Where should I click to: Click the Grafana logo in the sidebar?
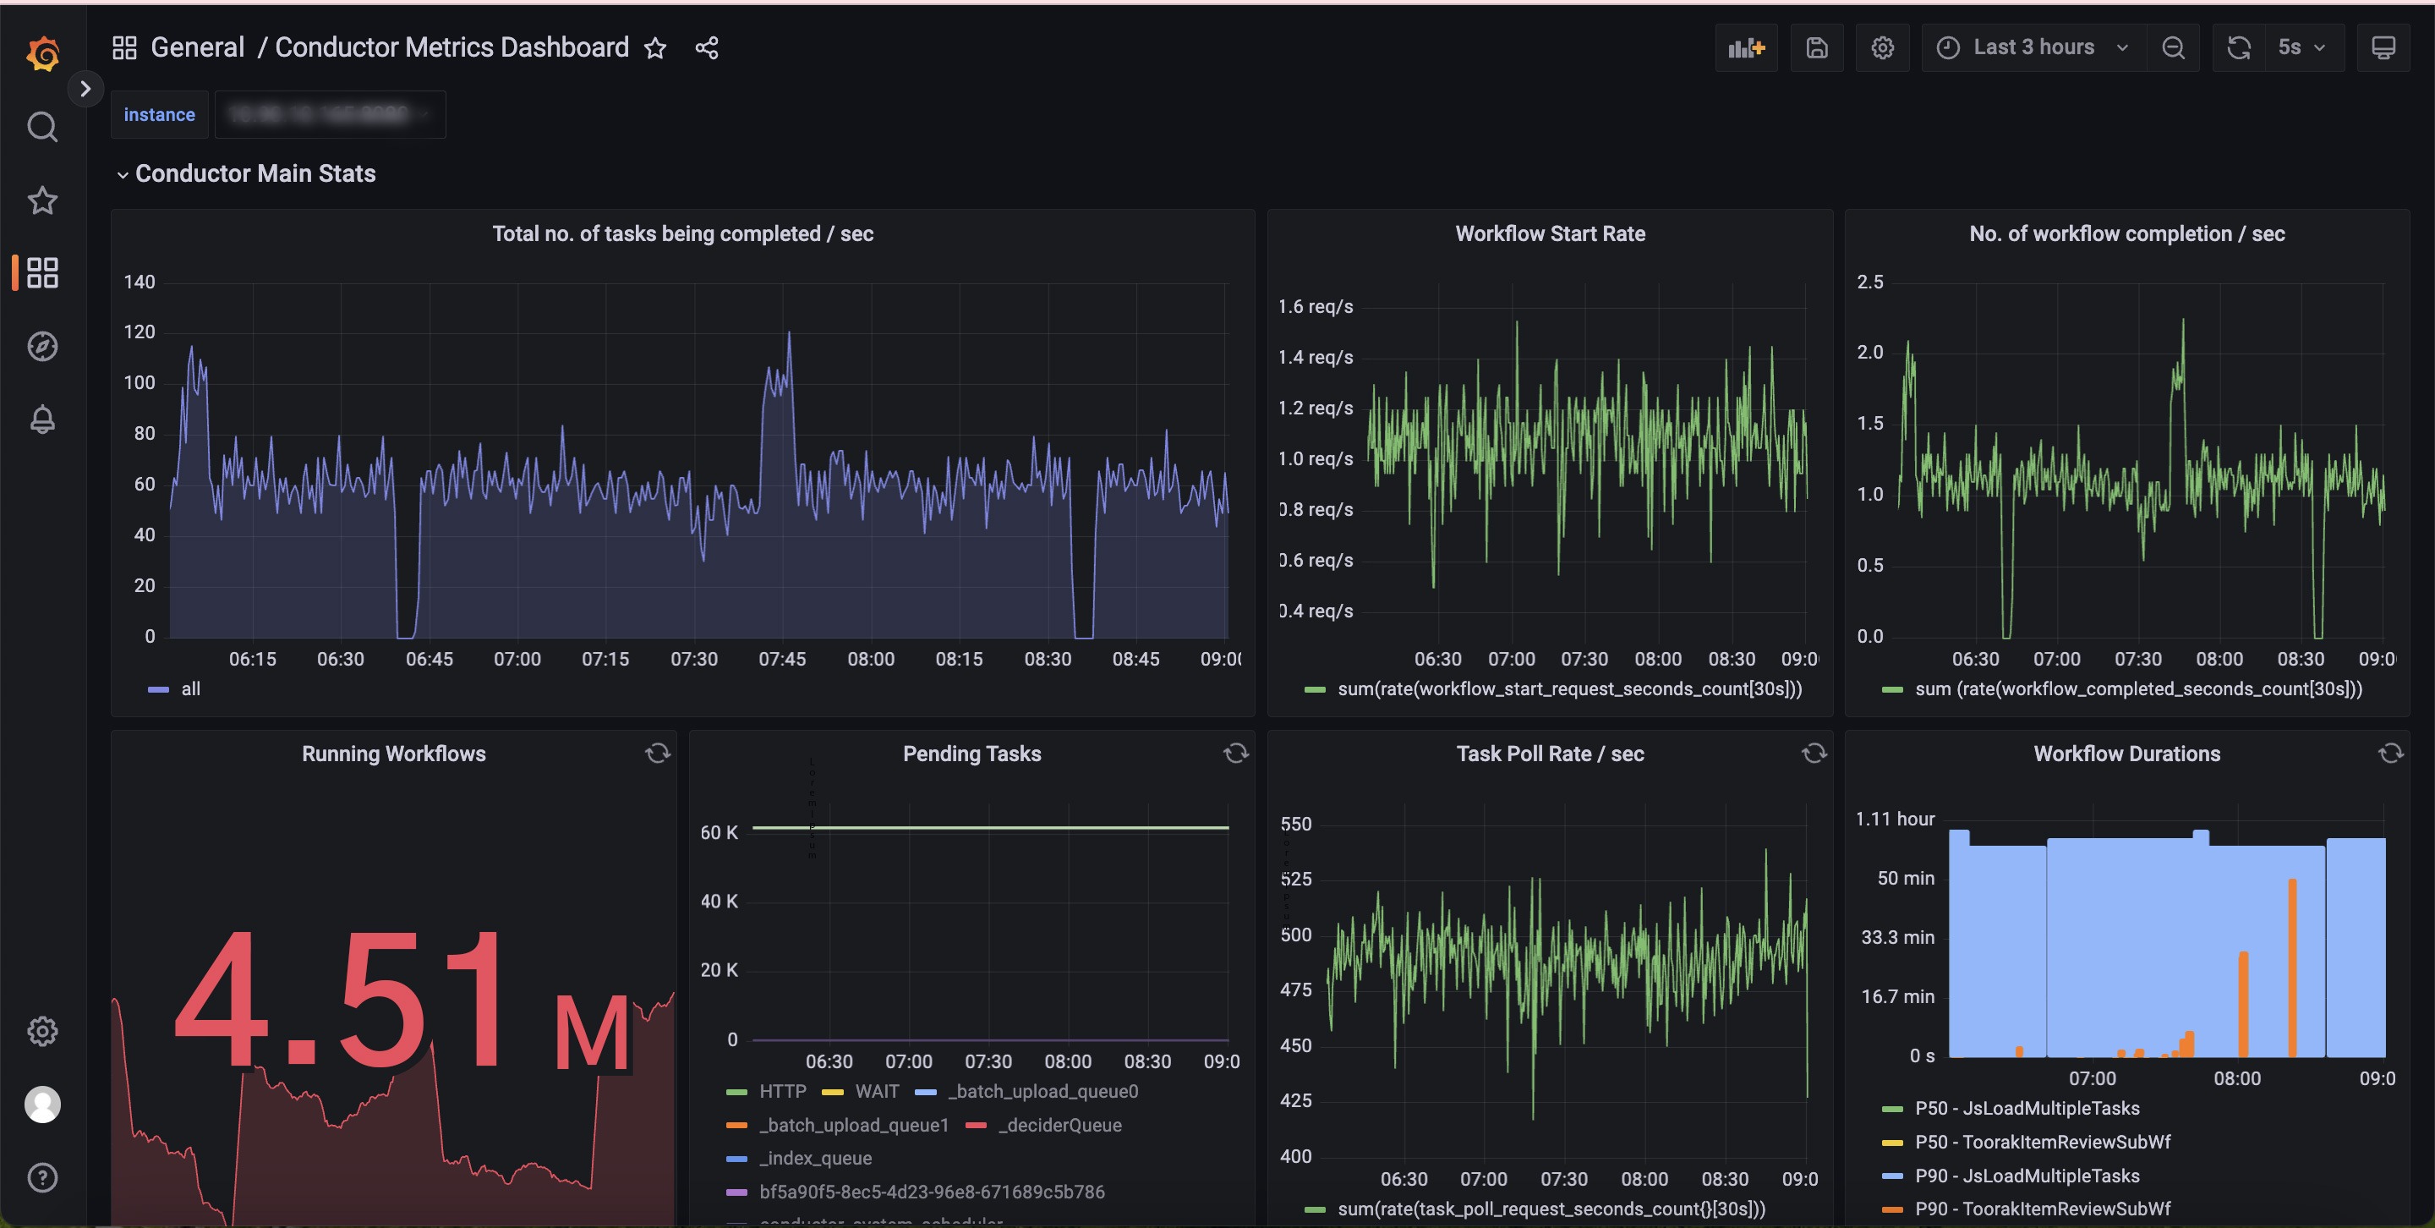point(42,53)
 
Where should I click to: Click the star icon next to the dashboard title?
point(655,48)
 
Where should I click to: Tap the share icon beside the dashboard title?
point(707,48)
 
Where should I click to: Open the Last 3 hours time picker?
point(2033,47)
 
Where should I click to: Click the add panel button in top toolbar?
point(1746,47)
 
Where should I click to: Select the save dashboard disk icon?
point(1816,47)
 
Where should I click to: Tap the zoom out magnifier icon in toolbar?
point(2173,47)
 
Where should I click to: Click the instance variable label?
point(159,114)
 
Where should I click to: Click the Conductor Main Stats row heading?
point(255,173)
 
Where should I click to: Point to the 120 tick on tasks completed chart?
point(140,332)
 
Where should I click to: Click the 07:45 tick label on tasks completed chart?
point(782,659)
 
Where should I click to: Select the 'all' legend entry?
point(190,689)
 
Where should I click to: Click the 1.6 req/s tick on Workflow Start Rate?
point(1315,306)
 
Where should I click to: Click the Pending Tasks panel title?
point(971,754)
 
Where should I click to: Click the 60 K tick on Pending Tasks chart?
point(719,832)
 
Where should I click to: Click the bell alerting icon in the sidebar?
point(42,419)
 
